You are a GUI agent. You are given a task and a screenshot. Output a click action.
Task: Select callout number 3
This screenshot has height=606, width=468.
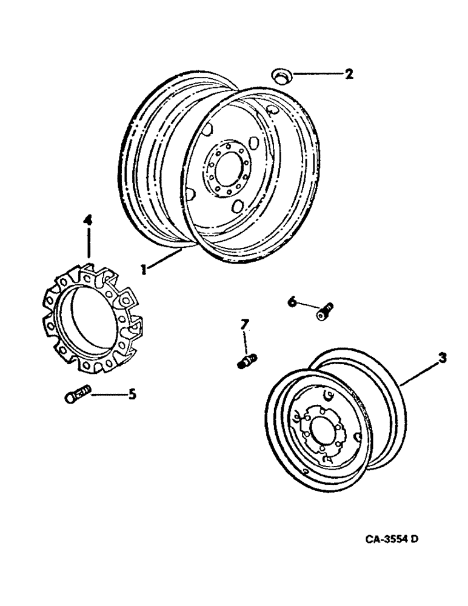443,358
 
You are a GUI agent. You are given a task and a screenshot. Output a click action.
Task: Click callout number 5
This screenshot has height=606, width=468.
132,395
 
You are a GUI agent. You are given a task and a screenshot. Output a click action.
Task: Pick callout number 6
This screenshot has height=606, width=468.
292,301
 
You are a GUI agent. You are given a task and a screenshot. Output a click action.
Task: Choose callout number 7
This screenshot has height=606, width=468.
245,326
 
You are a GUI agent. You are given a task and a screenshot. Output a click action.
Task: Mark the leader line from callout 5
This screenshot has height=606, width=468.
108,395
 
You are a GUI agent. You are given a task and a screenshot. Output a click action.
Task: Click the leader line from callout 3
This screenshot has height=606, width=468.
421,371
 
